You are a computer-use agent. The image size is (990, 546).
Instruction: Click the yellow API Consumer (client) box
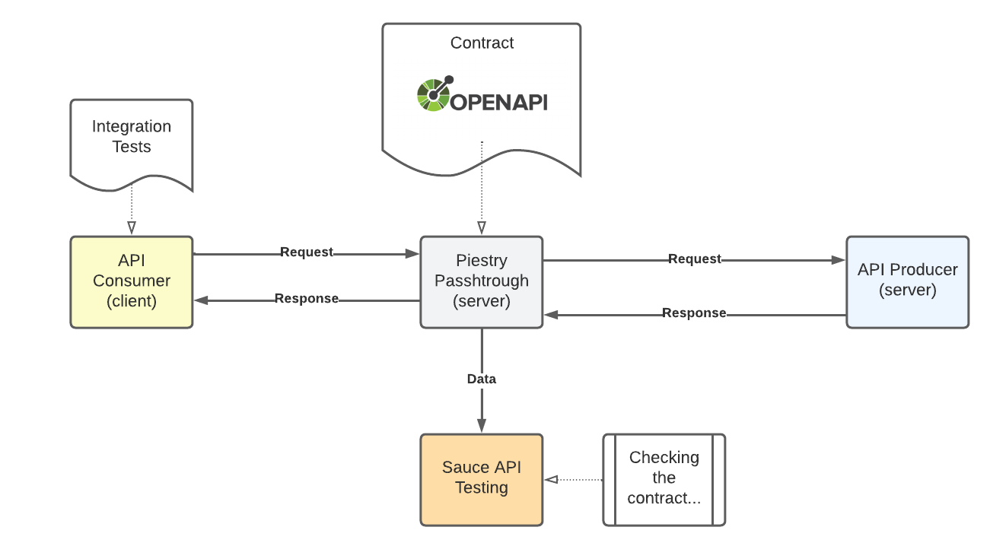132,281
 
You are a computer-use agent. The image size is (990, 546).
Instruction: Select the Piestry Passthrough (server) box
481,281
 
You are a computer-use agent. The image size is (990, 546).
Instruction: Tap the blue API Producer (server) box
907,281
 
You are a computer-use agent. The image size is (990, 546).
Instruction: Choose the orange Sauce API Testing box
481,479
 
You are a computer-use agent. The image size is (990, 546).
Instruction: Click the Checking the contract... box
664,479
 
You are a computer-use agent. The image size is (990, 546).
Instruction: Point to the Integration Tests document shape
132,141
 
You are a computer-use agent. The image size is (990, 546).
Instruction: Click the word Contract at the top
482,43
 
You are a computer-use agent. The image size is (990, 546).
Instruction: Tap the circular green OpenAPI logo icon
434,94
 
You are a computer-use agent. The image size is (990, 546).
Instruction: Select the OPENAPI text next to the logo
499,102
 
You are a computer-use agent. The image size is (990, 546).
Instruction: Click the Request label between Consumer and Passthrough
307,252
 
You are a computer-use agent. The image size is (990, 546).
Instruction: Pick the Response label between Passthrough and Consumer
307,299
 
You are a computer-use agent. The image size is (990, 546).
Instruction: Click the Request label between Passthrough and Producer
695,259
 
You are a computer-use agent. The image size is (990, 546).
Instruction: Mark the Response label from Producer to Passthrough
694,313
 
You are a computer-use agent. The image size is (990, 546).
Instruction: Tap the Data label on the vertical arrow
481,379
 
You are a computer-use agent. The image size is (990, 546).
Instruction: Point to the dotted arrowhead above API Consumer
132,227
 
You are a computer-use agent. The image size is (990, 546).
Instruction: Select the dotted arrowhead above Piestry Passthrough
481,227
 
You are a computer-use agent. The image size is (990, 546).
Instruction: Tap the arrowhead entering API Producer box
839,259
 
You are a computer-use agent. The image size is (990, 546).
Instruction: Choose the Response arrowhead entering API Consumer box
201,300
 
